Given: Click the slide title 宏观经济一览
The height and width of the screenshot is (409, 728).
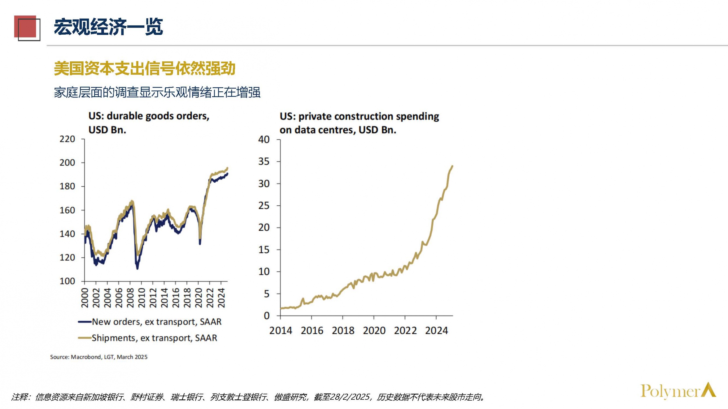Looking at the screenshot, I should pos(108,27).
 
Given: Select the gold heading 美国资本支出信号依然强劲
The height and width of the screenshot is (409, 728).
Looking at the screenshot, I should pos(144,69).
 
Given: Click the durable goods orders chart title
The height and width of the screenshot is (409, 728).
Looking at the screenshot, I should pos(149,122).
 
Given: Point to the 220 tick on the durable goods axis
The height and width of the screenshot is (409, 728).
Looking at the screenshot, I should pos(67,139).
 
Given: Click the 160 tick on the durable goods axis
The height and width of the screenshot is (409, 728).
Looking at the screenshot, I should pos(67,210).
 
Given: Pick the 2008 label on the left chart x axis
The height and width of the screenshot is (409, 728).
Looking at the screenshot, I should pos(130,298).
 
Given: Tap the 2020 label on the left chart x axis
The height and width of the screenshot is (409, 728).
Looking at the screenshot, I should pos(199,298).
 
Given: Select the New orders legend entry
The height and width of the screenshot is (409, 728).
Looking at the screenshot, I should pos(150,322).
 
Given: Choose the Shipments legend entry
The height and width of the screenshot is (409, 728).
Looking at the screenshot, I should pos(148,338).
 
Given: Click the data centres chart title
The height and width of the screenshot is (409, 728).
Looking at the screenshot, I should pos(359,123).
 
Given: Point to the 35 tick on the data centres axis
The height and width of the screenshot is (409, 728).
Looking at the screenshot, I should pos(264,161).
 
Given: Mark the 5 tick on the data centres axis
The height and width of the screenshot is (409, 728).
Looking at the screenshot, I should pos(266,294).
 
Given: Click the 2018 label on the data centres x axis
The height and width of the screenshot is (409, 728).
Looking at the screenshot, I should pos(343,331).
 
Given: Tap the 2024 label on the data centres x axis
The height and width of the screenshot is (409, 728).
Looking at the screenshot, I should pos(436,331).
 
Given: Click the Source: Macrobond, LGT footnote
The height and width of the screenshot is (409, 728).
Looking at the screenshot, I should pos(99,357).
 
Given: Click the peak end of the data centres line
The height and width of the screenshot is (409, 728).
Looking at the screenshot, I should pos(452,166).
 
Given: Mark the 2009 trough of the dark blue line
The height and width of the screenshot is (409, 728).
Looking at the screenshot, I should pos(137,268).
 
